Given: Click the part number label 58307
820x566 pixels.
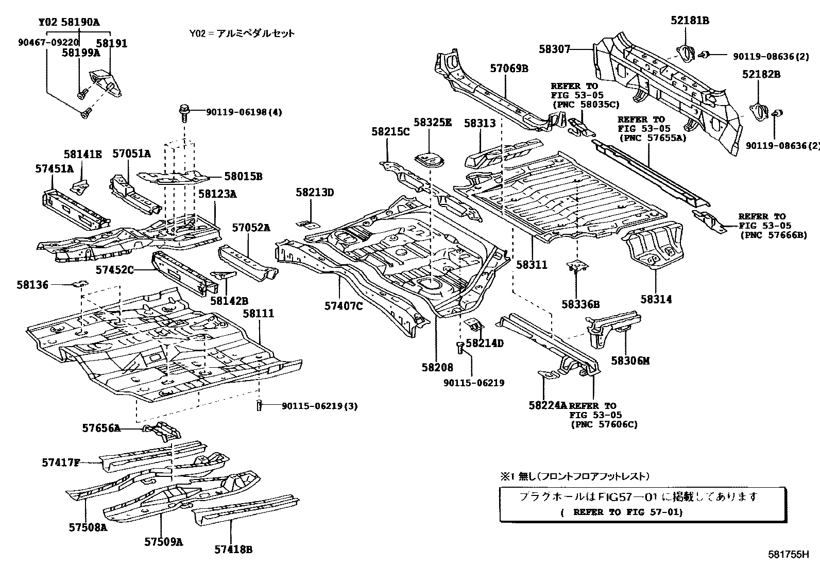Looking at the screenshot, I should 555,49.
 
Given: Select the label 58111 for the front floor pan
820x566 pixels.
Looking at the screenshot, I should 259,314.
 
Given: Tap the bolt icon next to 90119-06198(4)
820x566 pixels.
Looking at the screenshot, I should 183,112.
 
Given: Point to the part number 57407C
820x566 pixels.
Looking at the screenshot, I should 344,306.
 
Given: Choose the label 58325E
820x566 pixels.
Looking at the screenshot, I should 432,123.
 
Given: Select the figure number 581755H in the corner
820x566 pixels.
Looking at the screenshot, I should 789,555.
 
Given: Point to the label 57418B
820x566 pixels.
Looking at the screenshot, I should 233,550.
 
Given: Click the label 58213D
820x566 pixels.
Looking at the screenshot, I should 315,193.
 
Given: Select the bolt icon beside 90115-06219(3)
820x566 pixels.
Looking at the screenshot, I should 259,405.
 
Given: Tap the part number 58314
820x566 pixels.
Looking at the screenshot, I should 656,299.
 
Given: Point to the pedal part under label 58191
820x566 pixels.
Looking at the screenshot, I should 107,81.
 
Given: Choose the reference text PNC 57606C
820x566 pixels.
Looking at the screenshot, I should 604,424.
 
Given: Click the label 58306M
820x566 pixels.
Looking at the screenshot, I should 630,361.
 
